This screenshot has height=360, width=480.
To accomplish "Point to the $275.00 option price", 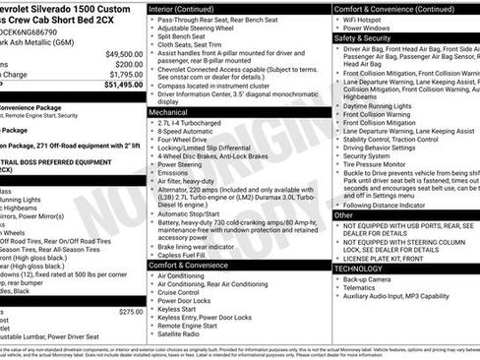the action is tap(131, 312).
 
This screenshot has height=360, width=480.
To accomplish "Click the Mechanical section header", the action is tap(172, 112).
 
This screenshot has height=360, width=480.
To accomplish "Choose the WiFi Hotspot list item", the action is tap(366, 18).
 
